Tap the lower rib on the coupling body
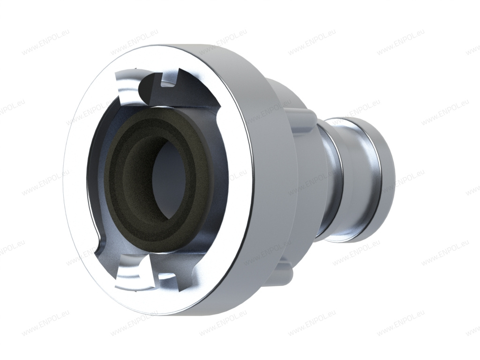[286, 267]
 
